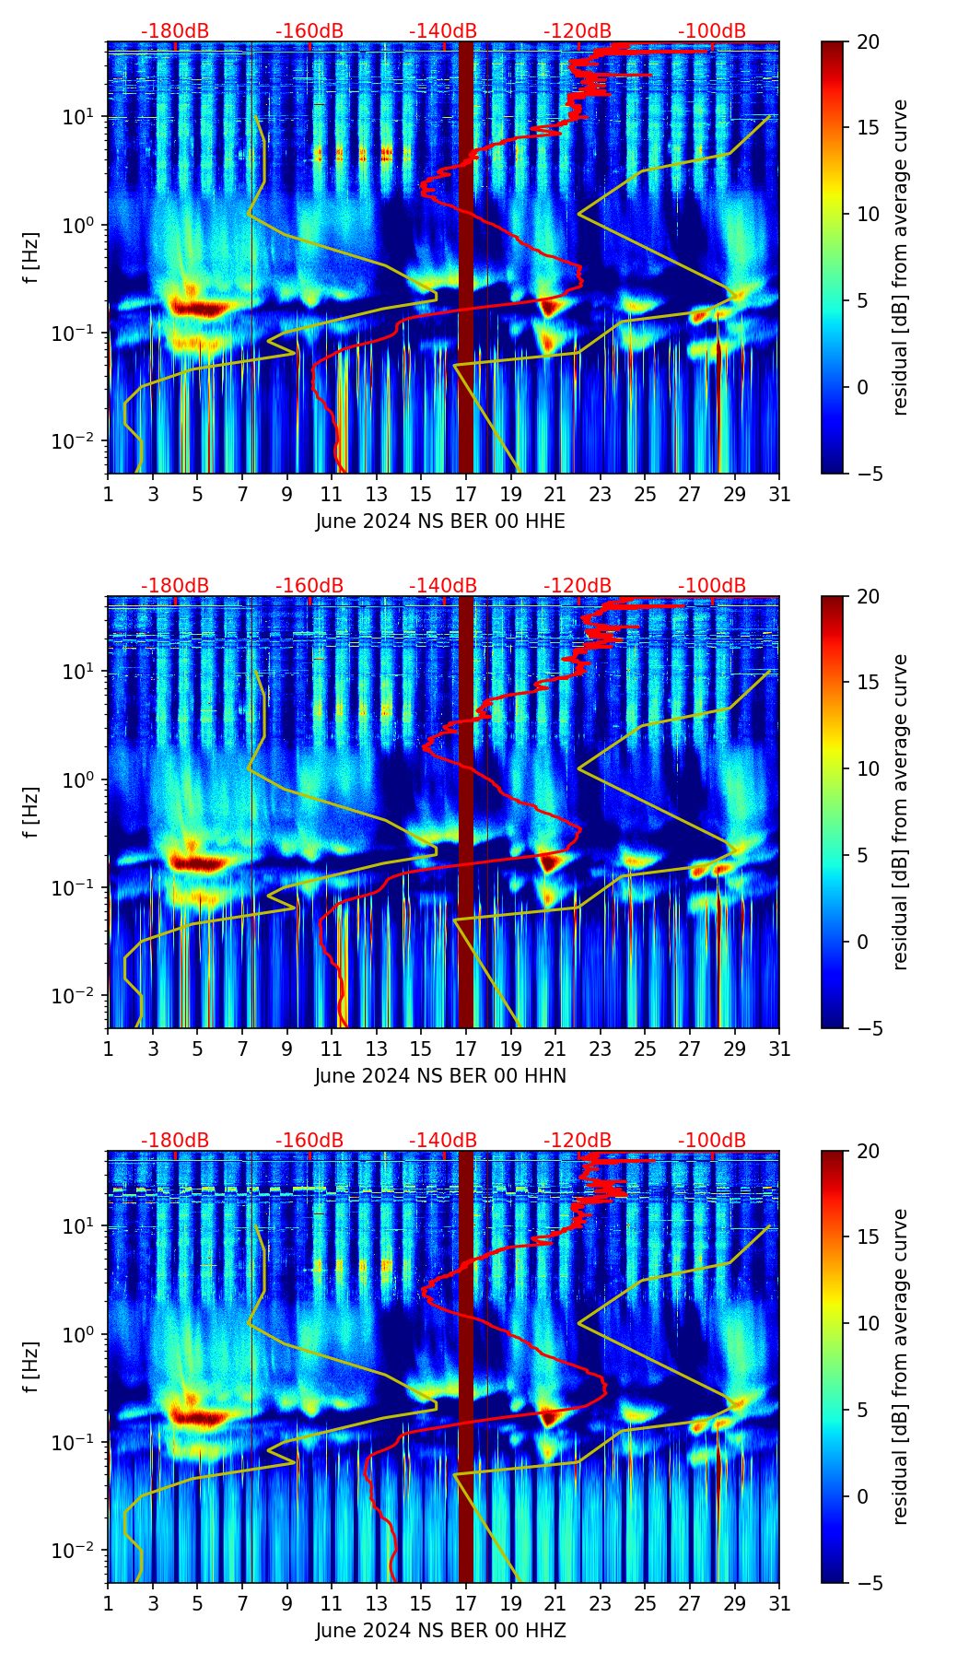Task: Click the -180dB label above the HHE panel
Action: pos(175,31)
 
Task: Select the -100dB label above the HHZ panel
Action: pos(712,1141)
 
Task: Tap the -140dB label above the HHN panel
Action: pos(443,586)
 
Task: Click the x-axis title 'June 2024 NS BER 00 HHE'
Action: pos(440,521)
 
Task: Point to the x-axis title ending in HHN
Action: pos(440,1076)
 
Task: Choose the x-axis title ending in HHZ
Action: pos(440,1631)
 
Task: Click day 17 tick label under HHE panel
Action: pos(466,494)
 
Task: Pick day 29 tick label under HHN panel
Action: pos(734,1049)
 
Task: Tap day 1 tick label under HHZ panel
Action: pos(108,1603)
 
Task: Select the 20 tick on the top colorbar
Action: pos(869,41)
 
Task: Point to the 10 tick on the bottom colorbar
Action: pos(869,1323)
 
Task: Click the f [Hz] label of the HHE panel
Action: pos(30,258)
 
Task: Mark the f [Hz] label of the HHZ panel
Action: pos(30,1367)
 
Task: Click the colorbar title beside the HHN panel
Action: pos(901,812)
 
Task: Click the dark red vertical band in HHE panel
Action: pos(466,258)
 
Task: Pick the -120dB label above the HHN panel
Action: pos(578,586)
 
